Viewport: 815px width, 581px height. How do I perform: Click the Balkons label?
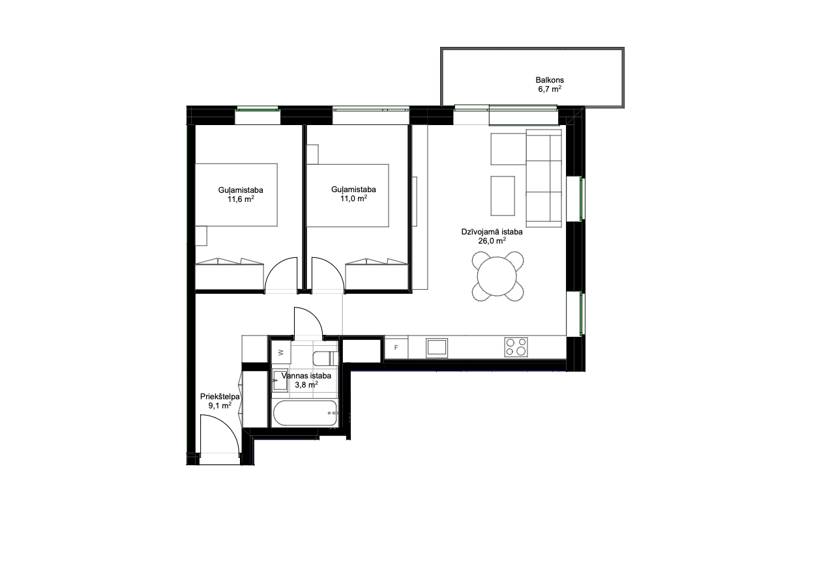[x=550, y=80]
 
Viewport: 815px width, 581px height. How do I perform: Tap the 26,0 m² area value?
[x=492, y=241]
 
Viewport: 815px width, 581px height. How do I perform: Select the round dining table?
[x=497, y=276]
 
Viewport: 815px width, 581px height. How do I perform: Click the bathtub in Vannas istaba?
[x=304, y=413]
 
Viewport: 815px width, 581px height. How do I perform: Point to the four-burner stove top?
[x=516, y=347]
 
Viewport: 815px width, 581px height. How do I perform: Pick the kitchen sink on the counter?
[x=437, y=348]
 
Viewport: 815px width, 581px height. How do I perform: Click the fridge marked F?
[x=396, y=348]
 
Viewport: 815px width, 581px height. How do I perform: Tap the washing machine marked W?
[x=281, y=352]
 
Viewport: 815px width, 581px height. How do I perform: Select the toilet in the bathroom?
[x=325, y=358]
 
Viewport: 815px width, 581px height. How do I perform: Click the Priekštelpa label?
[x=220, y=397]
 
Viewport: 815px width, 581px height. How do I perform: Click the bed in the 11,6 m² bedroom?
[x=237, y=195]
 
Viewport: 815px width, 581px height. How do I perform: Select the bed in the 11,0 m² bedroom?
[x=348, y=195]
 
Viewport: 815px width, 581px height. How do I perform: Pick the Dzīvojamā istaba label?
[x=492, y=232]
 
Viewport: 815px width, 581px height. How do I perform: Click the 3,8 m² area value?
[x=306, y=385]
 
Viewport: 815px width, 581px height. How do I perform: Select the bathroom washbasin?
[x=280, y=380]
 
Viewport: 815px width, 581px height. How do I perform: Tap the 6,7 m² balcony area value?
[x=550, y=89]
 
